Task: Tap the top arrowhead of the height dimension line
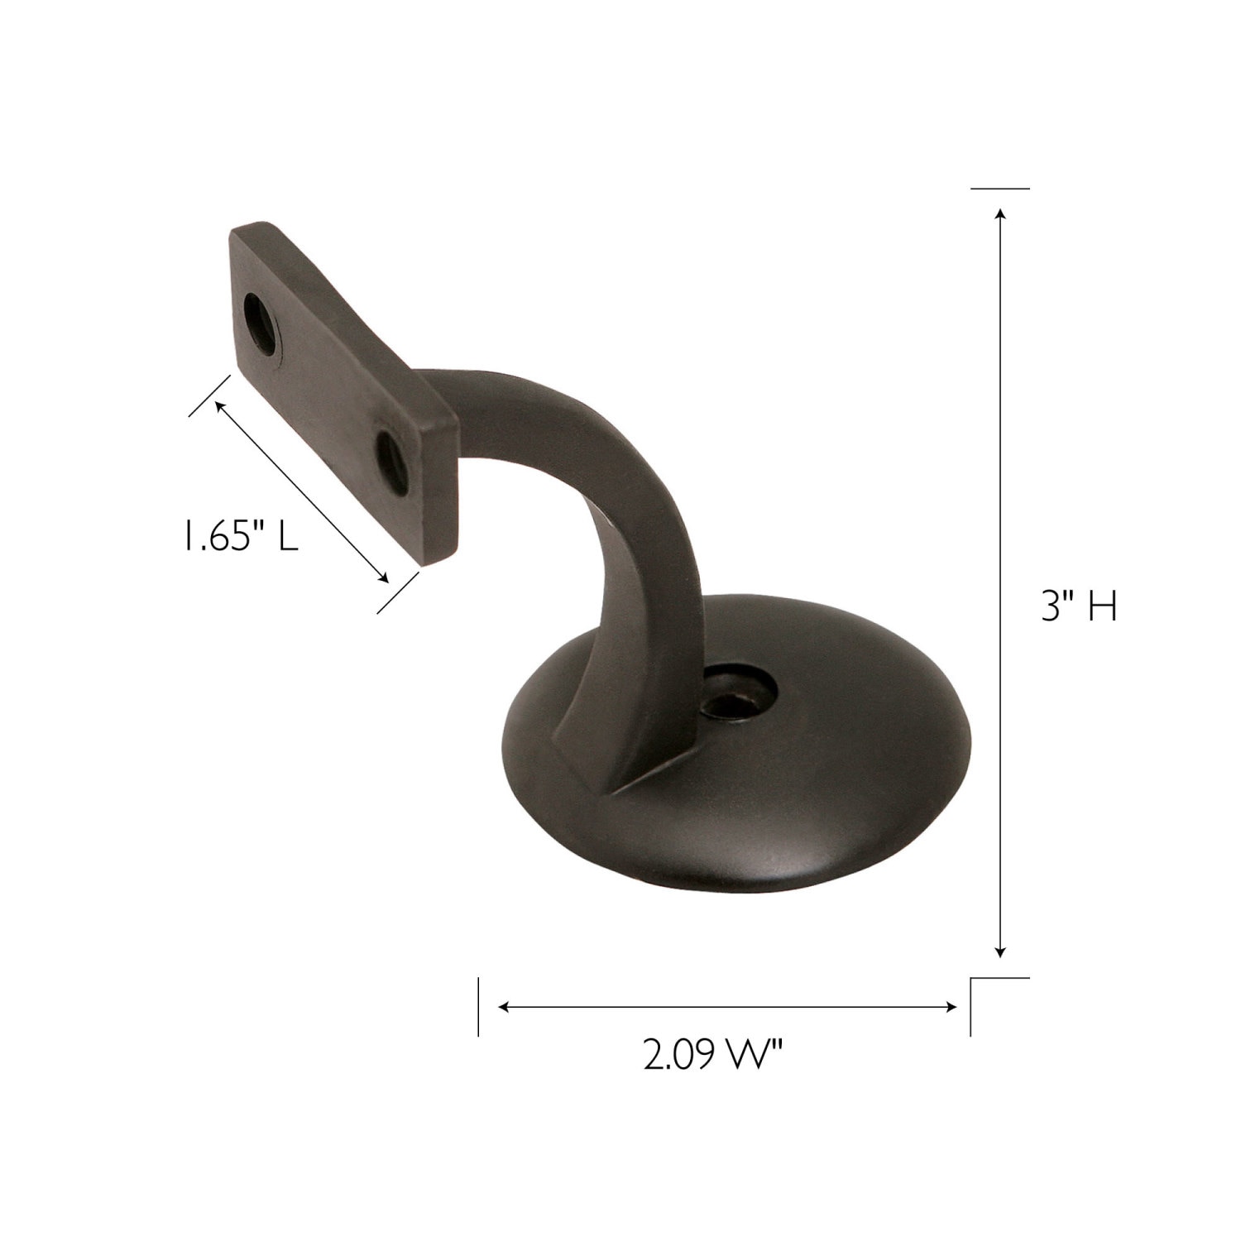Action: click(x=1001, y=215)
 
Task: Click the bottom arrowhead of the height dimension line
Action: click(x=1001, y=952)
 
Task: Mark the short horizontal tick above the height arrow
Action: click(x=1000, y=189)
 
